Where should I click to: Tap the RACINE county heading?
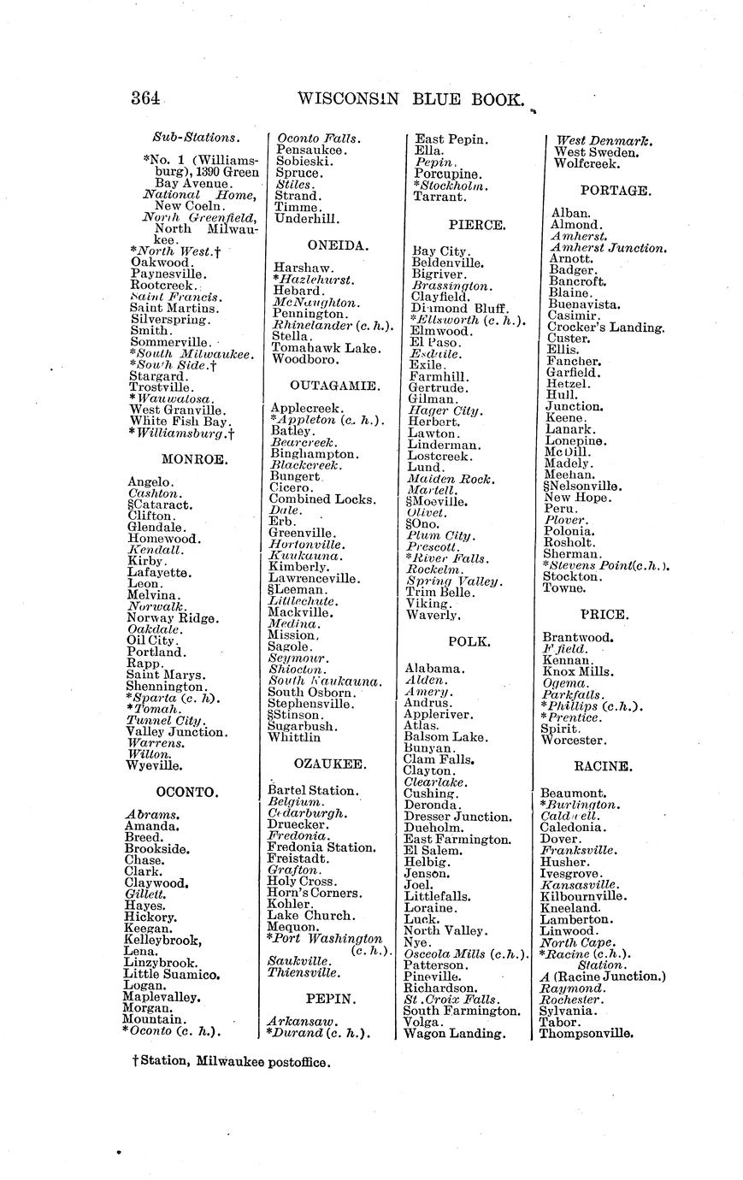(603, 766)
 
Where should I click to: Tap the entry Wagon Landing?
(454, 1033)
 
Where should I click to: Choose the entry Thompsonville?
(586, 1033)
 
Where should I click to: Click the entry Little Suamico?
(172, 974)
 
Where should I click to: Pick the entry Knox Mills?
(578, 671)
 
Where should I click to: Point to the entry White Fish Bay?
(180, 421)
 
